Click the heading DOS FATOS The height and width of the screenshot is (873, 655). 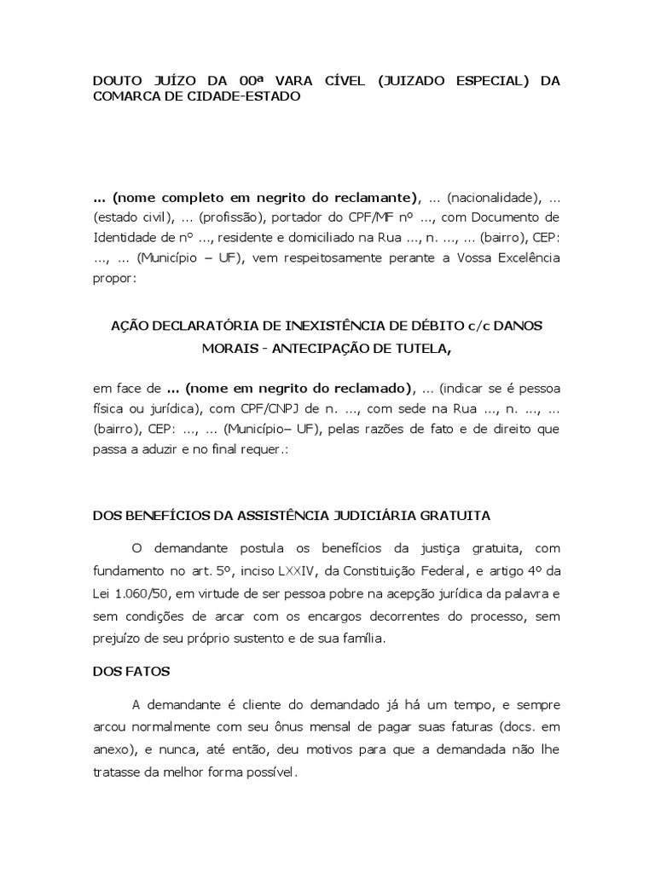point(130,671)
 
